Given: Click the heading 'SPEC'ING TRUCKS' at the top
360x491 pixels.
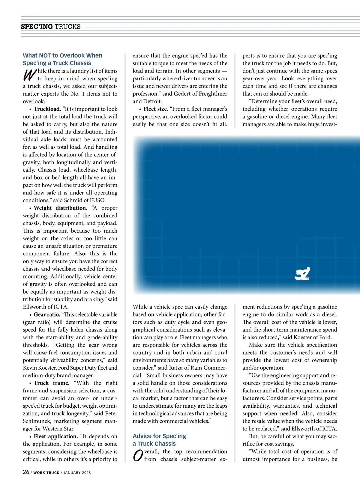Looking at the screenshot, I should [x=51, y=27].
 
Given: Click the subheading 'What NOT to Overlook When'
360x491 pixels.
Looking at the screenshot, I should [x=62, y=55].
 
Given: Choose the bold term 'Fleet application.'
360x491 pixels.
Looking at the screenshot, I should [x=55, y=436].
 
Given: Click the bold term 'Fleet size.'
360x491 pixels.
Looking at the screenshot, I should [x=156, y=109].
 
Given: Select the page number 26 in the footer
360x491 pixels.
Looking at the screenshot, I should [x=26, y=472].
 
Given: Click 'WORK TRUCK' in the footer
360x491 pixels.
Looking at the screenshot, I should [x=46, y=473].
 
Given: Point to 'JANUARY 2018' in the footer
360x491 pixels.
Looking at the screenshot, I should [x=77, y=473].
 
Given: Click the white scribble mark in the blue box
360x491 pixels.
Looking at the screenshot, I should [x=302, y=274].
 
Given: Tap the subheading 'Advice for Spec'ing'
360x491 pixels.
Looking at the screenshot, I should [x=159, y=436].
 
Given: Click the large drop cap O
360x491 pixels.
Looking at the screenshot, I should [x=138, y=456].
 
